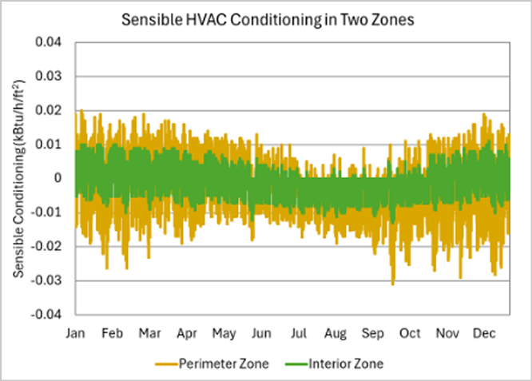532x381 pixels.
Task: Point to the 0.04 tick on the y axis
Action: [x=56, y=42]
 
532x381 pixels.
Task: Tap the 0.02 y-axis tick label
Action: [x=56, y=110]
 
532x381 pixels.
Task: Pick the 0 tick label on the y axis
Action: [x=64, y=178]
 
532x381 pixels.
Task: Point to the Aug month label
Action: [x=335, y=331]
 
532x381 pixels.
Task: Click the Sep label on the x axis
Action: [x=373, y=331]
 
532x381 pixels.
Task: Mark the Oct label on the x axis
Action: [x=411, y=331]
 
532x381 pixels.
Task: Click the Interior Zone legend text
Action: [x=347, y=363]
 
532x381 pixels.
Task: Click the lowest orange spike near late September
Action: [x=392, y=284]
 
